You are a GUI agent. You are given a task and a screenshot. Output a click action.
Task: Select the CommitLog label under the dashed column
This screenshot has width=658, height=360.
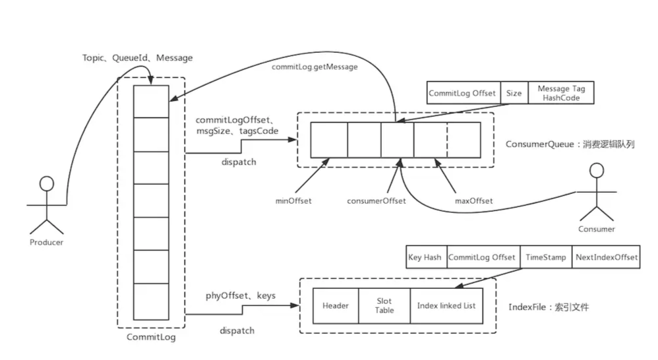coord(150,338)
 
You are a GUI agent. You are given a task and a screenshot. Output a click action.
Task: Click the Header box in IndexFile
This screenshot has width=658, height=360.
coord(335,306)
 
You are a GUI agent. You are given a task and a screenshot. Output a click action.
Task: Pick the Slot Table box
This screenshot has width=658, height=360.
coord(384,306)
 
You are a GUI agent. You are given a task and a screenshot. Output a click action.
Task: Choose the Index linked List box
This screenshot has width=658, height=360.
coord(446,306)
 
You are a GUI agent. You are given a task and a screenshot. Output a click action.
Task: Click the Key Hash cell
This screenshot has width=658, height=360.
coord(425,257)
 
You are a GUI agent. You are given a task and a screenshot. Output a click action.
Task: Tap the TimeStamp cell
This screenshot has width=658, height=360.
coord(545,257)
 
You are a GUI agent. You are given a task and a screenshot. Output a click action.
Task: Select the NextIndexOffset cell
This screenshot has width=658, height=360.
coord(606,257)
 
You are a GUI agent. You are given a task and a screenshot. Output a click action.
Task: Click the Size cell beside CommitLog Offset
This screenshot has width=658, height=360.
coord(514,93)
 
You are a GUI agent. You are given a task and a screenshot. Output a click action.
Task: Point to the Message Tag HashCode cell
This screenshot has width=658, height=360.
coord(562,93)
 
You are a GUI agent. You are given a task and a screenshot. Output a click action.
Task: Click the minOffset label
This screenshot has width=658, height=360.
coord(294,200)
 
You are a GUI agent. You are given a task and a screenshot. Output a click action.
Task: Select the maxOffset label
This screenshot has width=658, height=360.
coord(473,200)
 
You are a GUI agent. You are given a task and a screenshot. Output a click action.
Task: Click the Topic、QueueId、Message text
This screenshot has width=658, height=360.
coord(138,58)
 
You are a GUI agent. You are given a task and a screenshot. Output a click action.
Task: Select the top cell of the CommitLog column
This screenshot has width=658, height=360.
coord(151,101)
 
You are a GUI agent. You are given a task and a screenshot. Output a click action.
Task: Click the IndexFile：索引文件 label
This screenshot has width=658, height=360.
coord(549,307)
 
